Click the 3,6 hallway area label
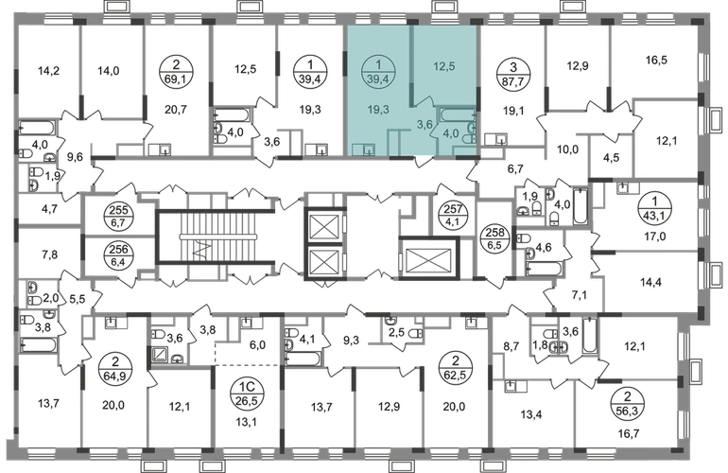tap(425, 122)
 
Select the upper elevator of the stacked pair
tap(324, 219)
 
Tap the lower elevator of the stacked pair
tap(324, 254)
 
